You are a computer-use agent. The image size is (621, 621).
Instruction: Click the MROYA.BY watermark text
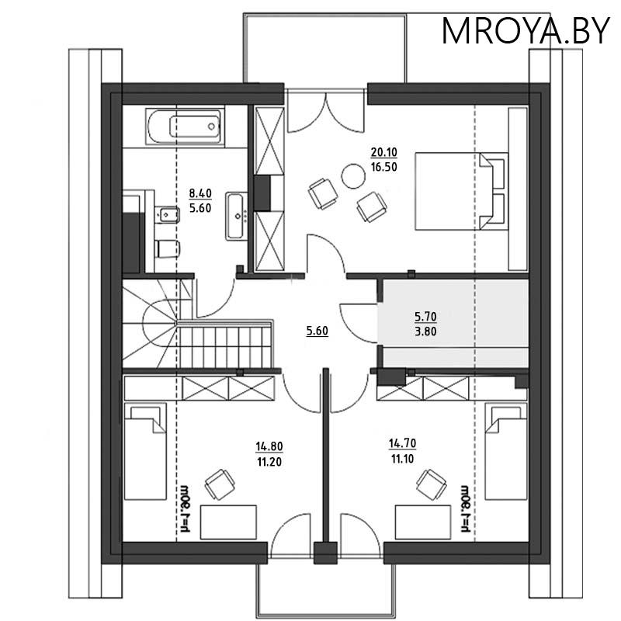click(526, 31)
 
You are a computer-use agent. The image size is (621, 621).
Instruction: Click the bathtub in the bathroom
click(186, 126)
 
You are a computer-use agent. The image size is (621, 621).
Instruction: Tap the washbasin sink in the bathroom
click(237, 217)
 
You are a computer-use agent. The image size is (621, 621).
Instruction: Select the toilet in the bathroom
click(168, 248)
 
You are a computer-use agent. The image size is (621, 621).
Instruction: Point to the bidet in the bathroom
click(168, 215)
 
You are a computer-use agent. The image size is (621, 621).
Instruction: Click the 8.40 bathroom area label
click(200, 193)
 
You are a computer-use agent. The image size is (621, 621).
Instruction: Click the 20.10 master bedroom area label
click(383, 152)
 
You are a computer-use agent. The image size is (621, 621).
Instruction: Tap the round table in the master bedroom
click(353, 176)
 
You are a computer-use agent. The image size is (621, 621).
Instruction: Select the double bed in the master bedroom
click(461, 191)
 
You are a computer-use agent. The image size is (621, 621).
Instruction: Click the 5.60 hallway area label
click(317, 331)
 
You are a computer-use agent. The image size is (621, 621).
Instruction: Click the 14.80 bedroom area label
click(269, 446)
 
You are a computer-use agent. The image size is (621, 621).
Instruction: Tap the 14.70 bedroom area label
click(402, 443)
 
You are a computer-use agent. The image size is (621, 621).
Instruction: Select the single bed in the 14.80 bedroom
click(145, 452)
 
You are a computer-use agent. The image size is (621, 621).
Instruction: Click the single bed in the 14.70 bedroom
click(506, 452)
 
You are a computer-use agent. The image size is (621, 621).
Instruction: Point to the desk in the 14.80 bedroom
click(228, 522)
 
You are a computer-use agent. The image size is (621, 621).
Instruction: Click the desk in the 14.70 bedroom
click(423, 522)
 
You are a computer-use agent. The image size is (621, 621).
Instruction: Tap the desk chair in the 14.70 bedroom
click(431, 484)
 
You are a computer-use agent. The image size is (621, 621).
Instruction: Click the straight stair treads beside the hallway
click(224, 347)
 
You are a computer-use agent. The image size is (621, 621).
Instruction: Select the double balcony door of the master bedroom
click(325, 111)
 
